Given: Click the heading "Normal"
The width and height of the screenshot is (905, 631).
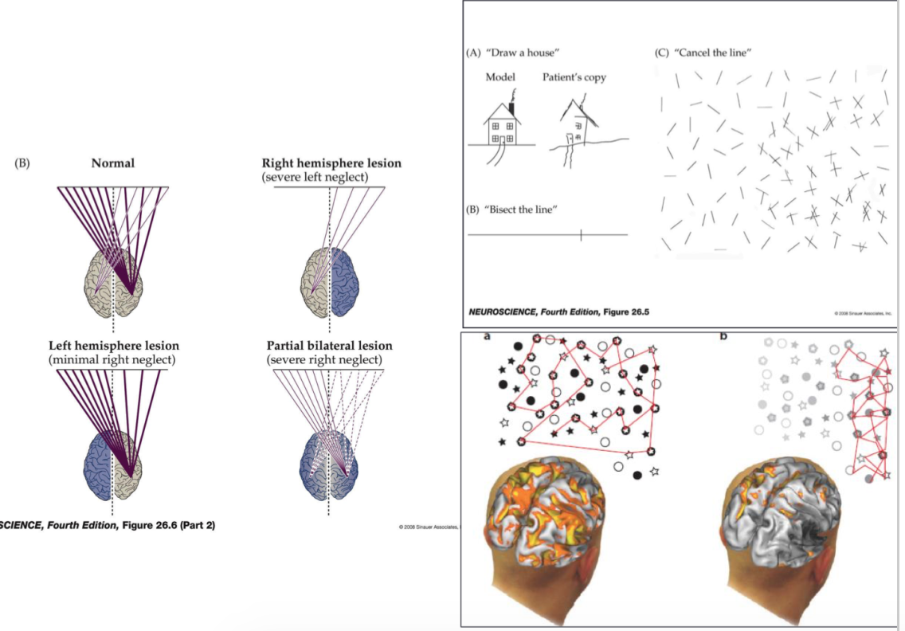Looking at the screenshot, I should coord(112,163).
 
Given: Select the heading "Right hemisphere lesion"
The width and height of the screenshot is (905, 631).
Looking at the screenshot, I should coord(331,163).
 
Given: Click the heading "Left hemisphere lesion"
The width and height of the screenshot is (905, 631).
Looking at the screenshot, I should coord(114,346).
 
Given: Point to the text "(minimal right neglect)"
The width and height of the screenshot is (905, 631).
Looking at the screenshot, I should coord(112,359).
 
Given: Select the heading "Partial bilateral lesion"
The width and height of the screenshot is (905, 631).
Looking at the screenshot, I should coord(329,346).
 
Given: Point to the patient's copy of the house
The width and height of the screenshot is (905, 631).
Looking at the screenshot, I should coord(579,131).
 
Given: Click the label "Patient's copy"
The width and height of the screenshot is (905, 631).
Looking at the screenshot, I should coord(574,77).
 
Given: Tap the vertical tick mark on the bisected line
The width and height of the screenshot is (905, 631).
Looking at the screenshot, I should coord(582,235).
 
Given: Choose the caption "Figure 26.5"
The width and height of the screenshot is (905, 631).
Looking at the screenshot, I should coord(625,311).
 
